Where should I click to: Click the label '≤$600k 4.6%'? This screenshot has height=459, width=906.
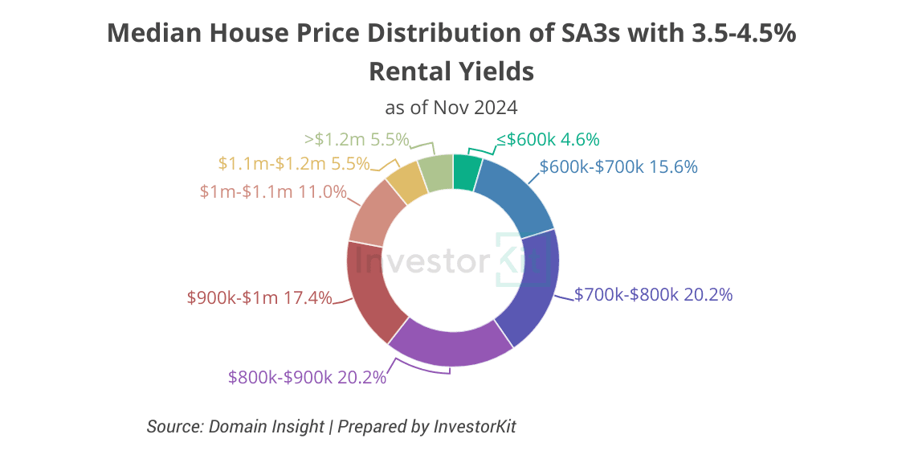[548, 139]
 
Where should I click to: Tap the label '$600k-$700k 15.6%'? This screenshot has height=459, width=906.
[618, 167]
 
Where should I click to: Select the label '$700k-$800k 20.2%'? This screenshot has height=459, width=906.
[654, 295]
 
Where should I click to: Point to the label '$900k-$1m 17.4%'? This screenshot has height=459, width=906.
[259, 297]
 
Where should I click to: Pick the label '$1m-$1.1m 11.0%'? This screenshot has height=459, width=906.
[273, 192]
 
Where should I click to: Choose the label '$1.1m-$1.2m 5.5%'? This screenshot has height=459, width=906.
[294, 163]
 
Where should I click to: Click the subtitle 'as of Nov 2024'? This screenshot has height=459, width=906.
[451, 107]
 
